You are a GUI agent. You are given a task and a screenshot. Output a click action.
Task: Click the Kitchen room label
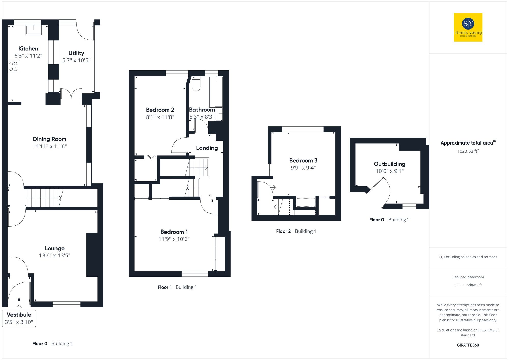coord(28,49)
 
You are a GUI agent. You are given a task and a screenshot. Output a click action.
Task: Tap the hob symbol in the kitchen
coord(13,66)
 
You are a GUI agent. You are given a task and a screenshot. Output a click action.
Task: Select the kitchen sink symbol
coord(33,30)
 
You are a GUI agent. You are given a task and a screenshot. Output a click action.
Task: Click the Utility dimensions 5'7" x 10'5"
coord(76,60)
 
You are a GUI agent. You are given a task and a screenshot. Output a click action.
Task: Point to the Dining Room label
coord(50,139)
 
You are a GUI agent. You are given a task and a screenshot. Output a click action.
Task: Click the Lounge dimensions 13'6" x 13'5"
coord(54,255)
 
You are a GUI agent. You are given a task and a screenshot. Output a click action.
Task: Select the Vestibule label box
coord(19,318)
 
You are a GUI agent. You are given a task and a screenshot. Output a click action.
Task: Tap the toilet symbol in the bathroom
coord(196,84)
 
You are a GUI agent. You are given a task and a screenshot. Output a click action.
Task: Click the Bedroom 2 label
coord(160,110)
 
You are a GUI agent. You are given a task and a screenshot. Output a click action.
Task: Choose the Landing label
coord(207,148)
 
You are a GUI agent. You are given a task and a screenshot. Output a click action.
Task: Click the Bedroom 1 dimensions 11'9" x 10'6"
coord(174,239)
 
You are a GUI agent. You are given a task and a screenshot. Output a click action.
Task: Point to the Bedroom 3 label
coord(303,161)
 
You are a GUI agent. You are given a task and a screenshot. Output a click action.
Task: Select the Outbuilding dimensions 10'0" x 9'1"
coord(389,171)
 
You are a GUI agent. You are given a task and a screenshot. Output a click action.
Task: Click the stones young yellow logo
coord(468,27)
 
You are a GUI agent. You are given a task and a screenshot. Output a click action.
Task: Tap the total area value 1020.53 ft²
coord(468,151)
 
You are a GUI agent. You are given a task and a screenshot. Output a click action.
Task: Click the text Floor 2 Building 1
coord(296,231)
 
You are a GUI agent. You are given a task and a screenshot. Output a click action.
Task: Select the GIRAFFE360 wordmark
coord(468,345)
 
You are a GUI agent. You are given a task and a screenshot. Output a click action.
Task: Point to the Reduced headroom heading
coord(468,277)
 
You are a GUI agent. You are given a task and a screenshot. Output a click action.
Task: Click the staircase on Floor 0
coord(45,198)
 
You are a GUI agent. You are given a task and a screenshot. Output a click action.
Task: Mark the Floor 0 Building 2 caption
coord(389,220)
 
